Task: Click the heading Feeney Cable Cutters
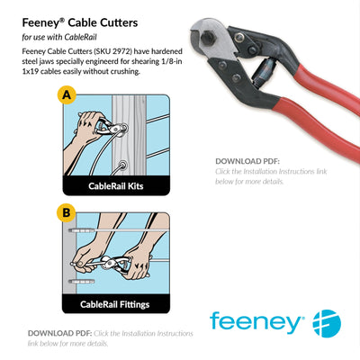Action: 79,19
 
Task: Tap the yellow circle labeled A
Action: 65,94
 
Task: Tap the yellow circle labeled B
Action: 65,213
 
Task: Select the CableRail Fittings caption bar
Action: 114,304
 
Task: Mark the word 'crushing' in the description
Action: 121,72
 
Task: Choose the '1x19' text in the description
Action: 31,72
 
